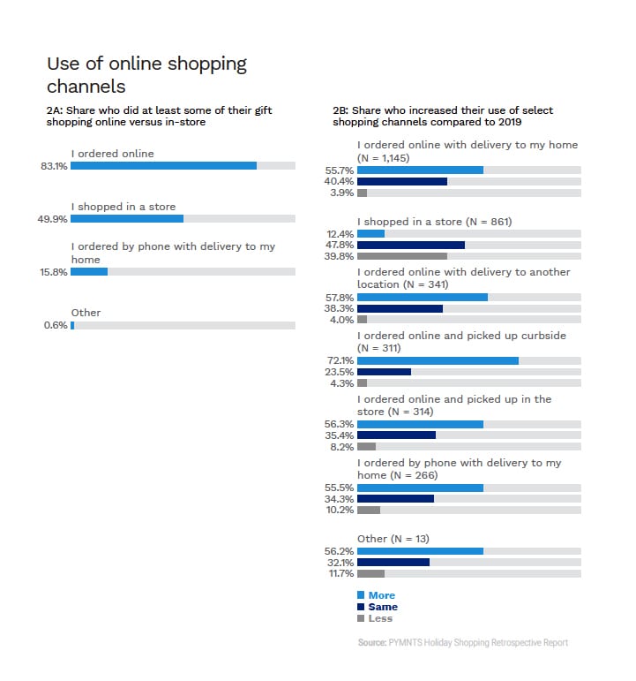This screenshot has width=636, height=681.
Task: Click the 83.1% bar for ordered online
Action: click(x=163, y=166)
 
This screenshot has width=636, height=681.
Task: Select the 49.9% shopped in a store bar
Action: click(x=127, y=219)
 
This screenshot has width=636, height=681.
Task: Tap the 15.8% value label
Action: click(x=55, y=272)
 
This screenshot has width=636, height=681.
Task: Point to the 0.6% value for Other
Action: click(x=56, y=325)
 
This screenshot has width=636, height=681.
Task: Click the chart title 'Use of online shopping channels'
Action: click(x=146, y=75)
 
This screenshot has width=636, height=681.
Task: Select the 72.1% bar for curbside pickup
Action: click(x=438, y=360)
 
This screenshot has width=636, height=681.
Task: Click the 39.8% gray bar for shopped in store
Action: click(x=401, y=256)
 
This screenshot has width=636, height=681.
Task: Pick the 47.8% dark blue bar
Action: click(x=410, y=245)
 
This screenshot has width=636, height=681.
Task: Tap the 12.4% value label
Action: click(x=340, y=233)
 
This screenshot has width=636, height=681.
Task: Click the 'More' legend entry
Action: click(x=381, y=595)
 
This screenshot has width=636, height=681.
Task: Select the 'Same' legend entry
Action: click(x=382, y=607)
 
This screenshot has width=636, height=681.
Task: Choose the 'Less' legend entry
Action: click(x=380, y=618)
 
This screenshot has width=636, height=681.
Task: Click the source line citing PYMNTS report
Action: click(x=463, y=642)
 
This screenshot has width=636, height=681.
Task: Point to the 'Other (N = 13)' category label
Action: click(x=393, y=539)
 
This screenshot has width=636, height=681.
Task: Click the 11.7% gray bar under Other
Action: click(x=370, y=573)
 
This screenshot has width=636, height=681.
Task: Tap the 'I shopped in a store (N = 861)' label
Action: click(x=434, y=221)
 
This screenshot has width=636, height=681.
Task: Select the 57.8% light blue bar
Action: click(x=422, y=297)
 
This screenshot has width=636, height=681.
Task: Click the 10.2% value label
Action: click(x=340, y=510)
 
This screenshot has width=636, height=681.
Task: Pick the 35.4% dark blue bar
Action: click(x=396, y=435)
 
